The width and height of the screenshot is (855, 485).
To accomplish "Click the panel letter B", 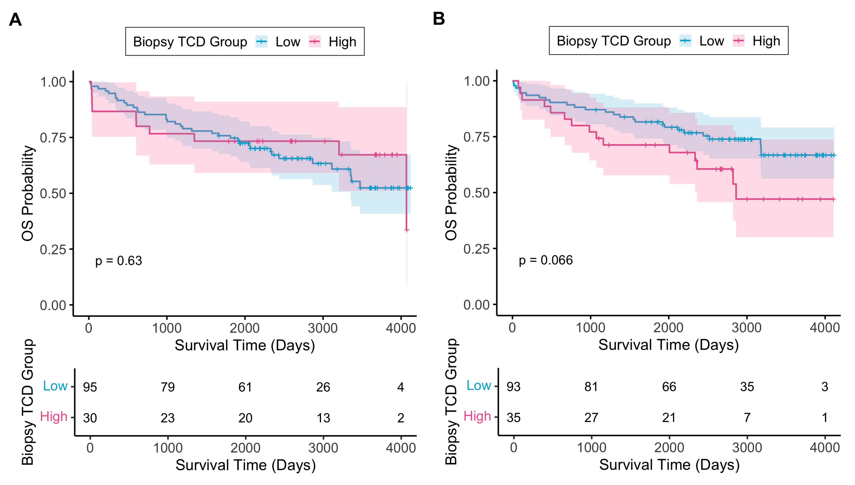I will [x=439, y=19].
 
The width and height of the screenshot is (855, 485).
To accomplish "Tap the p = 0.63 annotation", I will [x=119, y=261].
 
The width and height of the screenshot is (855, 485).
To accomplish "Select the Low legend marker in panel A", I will [x=262, y=42].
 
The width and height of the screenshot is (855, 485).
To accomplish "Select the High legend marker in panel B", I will [x=739, y=41].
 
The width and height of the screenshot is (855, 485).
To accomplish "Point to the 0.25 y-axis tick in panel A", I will [x=53, y=249].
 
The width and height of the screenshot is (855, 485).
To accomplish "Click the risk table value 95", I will [x=90, y=387].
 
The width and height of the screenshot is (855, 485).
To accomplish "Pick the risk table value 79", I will [x=168, y=387].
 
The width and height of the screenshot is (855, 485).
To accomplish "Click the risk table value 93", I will [x=513, y=387].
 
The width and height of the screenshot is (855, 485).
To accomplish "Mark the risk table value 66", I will [x=669, y=387].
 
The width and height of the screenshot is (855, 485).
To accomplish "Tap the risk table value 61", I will [x=245, y=387].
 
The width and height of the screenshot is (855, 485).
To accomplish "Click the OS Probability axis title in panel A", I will [x=28, y=193].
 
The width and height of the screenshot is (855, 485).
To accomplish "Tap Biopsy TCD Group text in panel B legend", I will [x=614, y=41].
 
